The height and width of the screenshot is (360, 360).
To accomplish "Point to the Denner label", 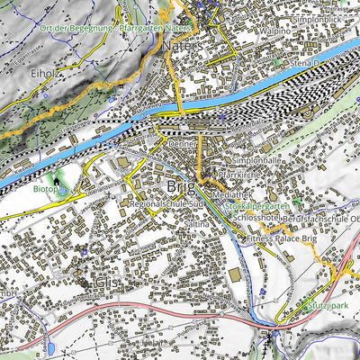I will click(x=182, y=142).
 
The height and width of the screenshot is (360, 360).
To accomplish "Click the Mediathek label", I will click(x=233, y=193).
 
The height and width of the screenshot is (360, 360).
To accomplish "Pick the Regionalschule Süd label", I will click(x=168, y=205).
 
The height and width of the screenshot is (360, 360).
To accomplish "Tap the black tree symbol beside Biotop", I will click(x=58, y=182).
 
